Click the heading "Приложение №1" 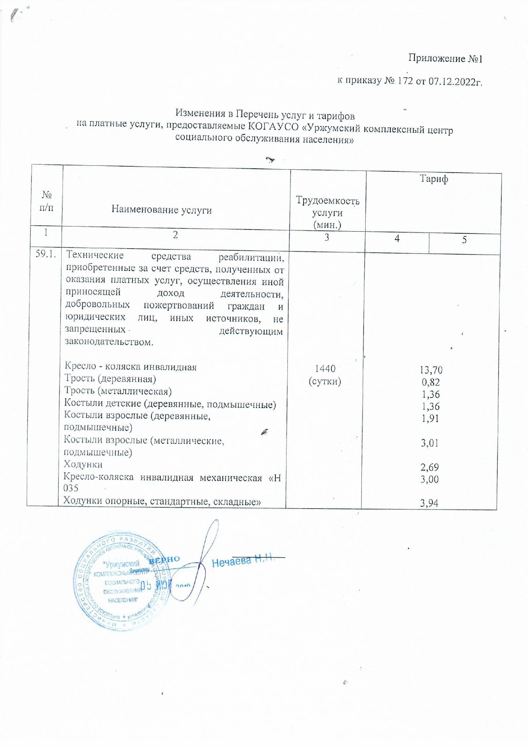click(445, 58)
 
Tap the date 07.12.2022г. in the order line click(455, 81)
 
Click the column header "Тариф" click(434, 179)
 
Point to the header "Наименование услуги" click(162, 210)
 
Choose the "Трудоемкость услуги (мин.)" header click(327, 213)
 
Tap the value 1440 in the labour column click(325, 369)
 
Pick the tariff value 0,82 click(431, 382)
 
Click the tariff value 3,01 click(430, 443)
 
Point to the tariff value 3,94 click(429, 504)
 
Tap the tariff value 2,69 click(429, 468)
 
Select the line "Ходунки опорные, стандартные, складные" click(162, 501)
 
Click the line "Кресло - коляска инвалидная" click(131, 367)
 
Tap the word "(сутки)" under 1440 click(325, 381)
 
